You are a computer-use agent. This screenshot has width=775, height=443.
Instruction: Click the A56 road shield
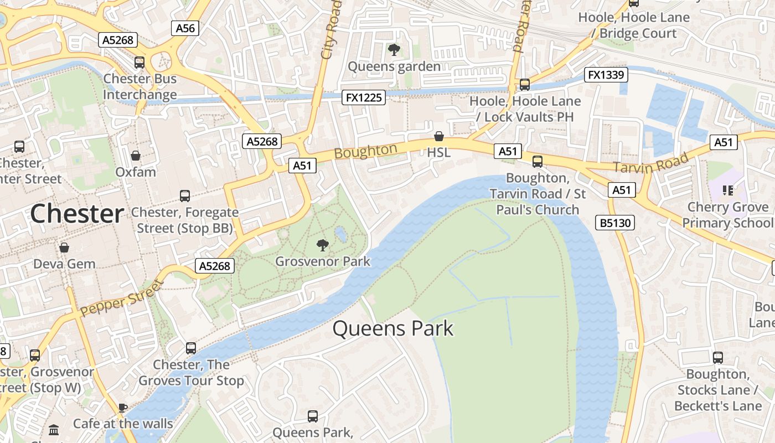(x=185, y=28)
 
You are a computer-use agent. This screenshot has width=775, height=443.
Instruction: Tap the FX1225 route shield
(x=363, y=97)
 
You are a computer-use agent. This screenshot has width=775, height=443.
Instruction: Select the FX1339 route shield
(x=606, y=75)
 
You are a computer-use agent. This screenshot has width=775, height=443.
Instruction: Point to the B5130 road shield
(x=615, y=223)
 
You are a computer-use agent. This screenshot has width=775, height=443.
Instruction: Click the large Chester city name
(x=77, y=214)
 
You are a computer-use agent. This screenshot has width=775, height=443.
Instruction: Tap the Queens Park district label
(x=392, y=329)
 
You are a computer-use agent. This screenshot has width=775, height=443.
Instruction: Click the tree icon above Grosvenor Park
(x=322, y=245)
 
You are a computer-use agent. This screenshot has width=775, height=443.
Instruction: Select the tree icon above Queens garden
(x=394, y=50)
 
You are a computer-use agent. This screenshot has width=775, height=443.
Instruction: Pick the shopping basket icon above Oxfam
(x=135, y=156)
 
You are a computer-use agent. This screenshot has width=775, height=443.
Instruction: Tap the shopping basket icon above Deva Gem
(x=64, y=248)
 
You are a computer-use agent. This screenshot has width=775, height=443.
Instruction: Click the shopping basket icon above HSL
(x=439, y=136)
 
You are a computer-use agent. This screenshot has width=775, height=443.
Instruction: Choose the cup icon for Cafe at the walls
(x=123, y=408)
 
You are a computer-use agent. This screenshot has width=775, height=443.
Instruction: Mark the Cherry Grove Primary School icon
(x=727, y=191)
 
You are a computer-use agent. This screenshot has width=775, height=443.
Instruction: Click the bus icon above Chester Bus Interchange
(x=139, y=63)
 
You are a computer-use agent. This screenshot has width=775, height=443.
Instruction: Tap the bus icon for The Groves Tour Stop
(x=191, y=348)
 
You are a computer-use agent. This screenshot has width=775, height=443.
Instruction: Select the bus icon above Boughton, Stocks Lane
(x=718, y=358)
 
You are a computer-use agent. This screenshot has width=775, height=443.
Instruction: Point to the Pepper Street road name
(x=122, y=298)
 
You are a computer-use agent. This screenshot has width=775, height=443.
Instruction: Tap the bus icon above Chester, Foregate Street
(x=185, y=196)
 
